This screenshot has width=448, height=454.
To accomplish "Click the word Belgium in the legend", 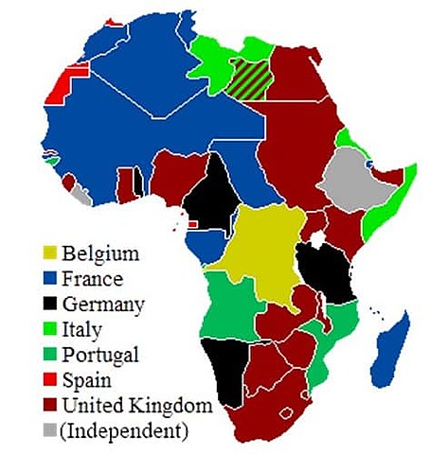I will [100, 253].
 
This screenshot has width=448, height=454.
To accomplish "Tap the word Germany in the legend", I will [103, 305].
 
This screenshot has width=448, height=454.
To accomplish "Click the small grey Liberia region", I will [83, 198].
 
